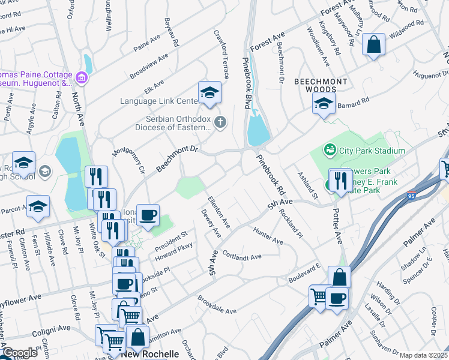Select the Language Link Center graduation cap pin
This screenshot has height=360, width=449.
209,92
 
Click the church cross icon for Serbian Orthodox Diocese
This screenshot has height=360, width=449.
220,123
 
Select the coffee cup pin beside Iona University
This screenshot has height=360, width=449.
148,215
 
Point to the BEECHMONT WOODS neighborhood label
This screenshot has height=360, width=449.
319,85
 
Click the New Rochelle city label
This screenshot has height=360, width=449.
150,354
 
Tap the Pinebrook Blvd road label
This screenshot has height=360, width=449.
246,83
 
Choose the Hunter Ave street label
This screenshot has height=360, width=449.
268,236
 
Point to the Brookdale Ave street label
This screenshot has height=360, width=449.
217,305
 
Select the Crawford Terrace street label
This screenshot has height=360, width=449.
220,54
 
